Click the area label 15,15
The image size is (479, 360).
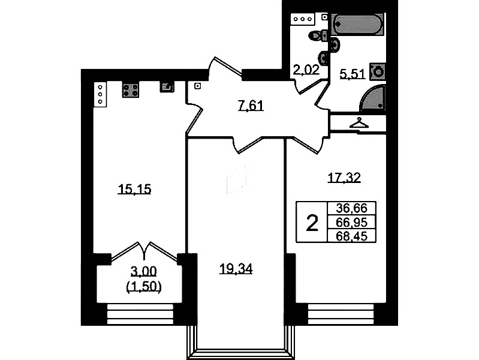[x=134, y=190]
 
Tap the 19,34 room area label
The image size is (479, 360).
[x=236, y=269]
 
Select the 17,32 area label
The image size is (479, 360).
[x=344, y=178]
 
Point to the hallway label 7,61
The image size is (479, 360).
[x=251, y=106]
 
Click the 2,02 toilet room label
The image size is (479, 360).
[x=306, y=70]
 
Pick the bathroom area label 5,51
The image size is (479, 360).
[x=353, y=74]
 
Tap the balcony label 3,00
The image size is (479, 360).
[x=143, y=271]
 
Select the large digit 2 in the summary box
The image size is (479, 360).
[x=312, y=223]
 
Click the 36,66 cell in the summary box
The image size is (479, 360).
[x=351, y=208]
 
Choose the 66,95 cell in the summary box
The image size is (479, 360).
[x=351, y=223]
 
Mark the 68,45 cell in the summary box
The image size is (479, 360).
[x=351, y=236]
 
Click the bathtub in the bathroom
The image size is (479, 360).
[x=357, y=25]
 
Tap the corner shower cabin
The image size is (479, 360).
[x=373, y=98]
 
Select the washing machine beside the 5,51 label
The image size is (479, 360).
[x=378, y=72]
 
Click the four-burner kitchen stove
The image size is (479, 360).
[x=131, y=89]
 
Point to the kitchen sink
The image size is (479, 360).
[x=167, y=87]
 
